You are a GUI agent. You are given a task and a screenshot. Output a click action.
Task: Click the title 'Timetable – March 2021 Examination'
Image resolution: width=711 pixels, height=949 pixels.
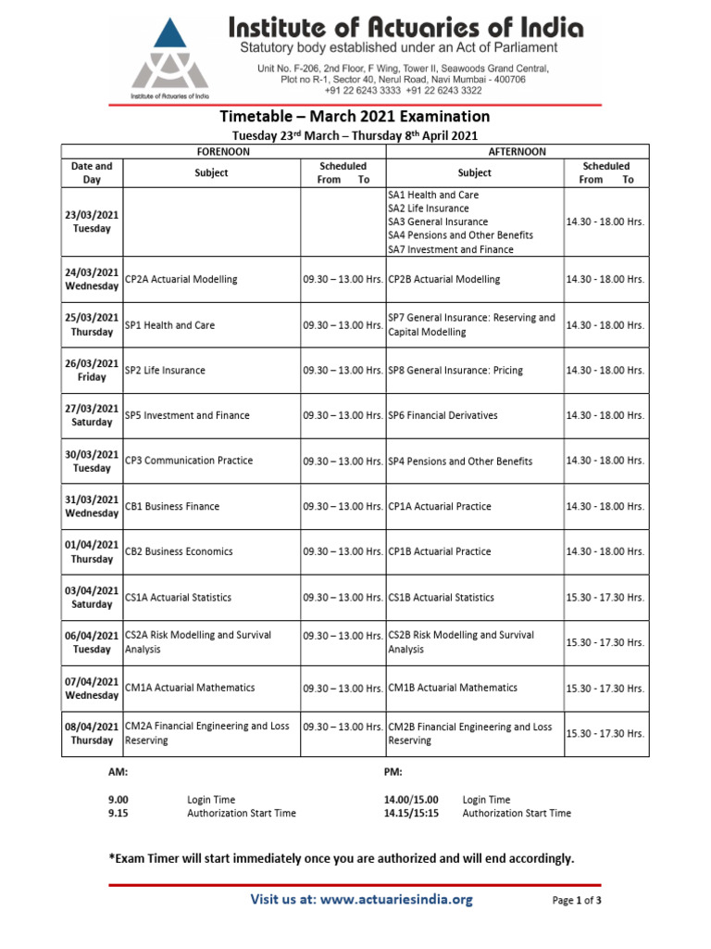coord(355,117)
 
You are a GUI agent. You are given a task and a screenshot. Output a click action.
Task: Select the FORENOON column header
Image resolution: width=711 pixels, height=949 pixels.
coord(223,151)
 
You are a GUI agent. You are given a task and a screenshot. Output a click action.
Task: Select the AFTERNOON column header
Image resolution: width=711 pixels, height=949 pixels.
coord(517,151)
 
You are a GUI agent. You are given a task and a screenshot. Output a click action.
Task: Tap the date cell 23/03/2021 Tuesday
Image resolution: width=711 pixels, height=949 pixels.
coord(92,221)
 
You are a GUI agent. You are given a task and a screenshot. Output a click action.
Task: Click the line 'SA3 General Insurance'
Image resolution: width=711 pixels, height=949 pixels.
coord(438,222)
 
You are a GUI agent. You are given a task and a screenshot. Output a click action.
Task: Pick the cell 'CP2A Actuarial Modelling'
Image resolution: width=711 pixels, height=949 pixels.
coord(181,279)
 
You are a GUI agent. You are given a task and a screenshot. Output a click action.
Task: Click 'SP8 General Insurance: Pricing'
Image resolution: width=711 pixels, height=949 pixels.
coord(455,370)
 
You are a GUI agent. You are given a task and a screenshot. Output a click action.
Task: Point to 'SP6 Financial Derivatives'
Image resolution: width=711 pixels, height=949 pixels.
coord(443,415)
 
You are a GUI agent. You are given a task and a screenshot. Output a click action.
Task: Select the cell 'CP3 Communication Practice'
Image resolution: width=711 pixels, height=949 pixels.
coord(189,461)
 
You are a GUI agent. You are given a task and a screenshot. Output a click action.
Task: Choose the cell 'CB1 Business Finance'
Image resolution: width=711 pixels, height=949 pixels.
coord(172,506)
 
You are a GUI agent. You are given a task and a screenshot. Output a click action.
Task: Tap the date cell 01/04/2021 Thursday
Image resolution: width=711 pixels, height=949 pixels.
coord(92,551)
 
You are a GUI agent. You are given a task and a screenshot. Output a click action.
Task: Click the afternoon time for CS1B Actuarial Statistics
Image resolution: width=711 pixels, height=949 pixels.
coord(605,598)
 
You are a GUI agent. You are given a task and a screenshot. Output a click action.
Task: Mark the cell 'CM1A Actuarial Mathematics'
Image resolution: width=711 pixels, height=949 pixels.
coord(190,688)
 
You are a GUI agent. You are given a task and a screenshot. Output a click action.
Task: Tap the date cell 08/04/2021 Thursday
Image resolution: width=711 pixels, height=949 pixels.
coord(92,733)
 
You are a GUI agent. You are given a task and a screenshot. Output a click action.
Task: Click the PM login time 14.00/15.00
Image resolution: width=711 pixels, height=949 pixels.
coord(411,799)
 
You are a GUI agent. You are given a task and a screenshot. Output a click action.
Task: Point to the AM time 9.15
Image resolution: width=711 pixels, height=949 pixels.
coord(118,813)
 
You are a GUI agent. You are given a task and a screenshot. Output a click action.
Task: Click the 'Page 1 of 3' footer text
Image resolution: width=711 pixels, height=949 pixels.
coord(577,900)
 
